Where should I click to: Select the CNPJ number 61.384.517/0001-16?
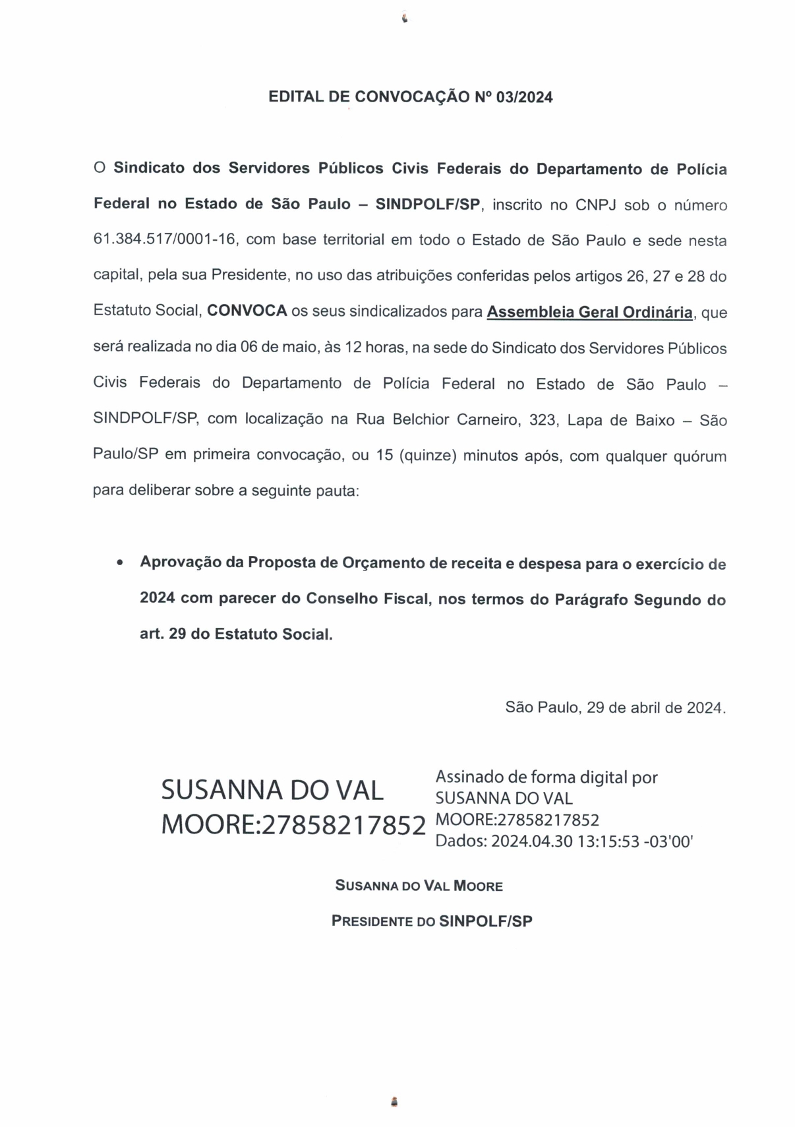point(164,239)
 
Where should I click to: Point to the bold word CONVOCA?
point(247,311)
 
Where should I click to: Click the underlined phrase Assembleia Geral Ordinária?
point(589,312)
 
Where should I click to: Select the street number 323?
point(542,420)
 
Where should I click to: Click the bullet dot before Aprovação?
point(119,563)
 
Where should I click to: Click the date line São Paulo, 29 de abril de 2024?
point(615,708)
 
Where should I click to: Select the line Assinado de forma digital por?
point(546,777)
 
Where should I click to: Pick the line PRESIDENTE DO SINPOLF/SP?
point(431,921)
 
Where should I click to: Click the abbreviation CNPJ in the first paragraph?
point(595,204)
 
